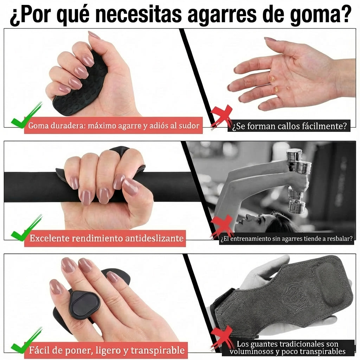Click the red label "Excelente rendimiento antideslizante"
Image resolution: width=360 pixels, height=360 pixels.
(107, 238)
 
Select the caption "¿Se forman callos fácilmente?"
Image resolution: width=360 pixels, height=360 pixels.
(289, 126)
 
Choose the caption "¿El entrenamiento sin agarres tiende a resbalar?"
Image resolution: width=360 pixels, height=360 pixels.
(286, 239)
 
